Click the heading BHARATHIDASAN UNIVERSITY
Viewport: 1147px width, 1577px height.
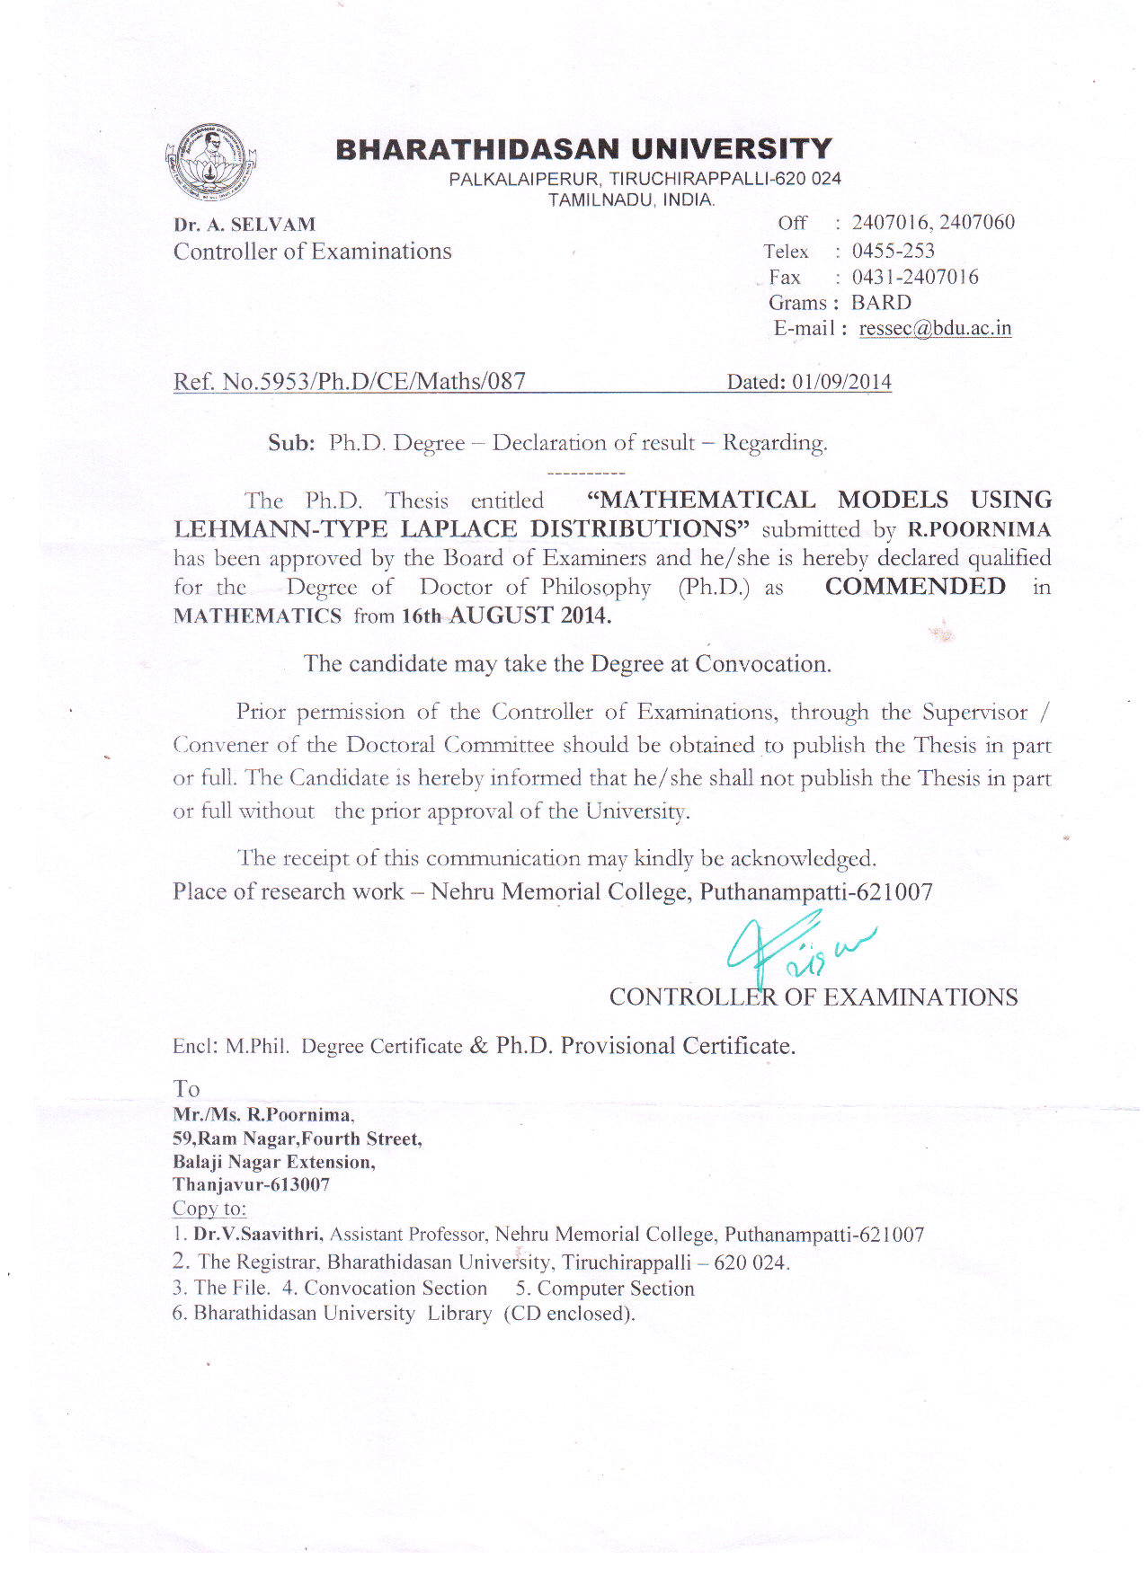tap(584, 149)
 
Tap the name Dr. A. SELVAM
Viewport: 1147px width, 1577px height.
tap(245, 225)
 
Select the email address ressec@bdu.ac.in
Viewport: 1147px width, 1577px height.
tap(935, 329)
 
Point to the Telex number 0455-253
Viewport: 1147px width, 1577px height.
tap(893, 251)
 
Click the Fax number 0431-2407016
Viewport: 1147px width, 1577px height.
tap(915, 277)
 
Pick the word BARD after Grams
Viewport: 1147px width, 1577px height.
tap(881, 303)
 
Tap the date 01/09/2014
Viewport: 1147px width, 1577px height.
tap(841, 383)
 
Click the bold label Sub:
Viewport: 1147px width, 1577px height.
tap(291, 443)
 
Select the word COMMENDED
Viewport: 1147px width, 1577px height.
tap(915, 587)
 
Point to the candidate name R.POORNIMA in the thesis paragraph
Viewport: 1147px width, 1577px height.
tap(979, 529)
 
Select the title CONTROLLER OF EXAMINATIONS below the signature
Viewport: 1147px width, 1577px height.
tap(813, 997)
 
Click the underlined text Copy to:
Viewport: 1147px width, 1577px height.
tap(209, 1209)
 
